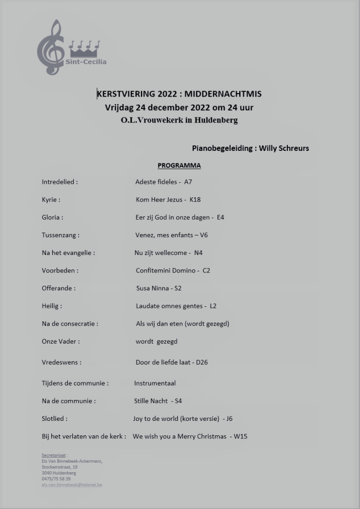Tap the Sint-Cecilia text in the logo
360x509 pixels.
[86, 62]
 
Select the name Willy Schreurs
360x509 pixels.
[284, 148]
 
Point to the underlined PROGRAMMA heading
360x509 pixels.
[179, 165]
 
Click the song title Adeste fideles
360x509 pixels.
[156, 182]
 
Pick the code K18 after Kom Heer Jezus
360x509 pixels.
[195, 200]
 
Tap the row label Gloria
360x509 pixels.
[52, 217]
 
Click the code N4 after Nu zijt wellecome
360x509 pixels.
[198, 253]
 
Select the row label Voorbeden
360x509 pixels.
[60, 270]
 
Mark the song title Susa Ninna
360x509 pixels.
[152, 288]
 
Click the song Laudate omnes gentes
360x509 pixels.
[170, 306]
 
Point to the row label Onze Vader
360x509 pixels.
[60, 341]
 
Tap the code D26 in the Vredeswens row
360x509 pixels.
[202, 362]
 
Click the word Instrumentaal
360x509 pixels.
[155, 383]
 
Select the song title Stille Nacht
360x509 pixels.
[151, 401]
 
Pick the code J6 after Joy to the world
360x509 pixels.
[229, 418]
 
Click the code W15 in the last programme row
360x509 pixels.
[240, 436]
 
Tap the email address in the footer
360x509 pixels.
[72, 485]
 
